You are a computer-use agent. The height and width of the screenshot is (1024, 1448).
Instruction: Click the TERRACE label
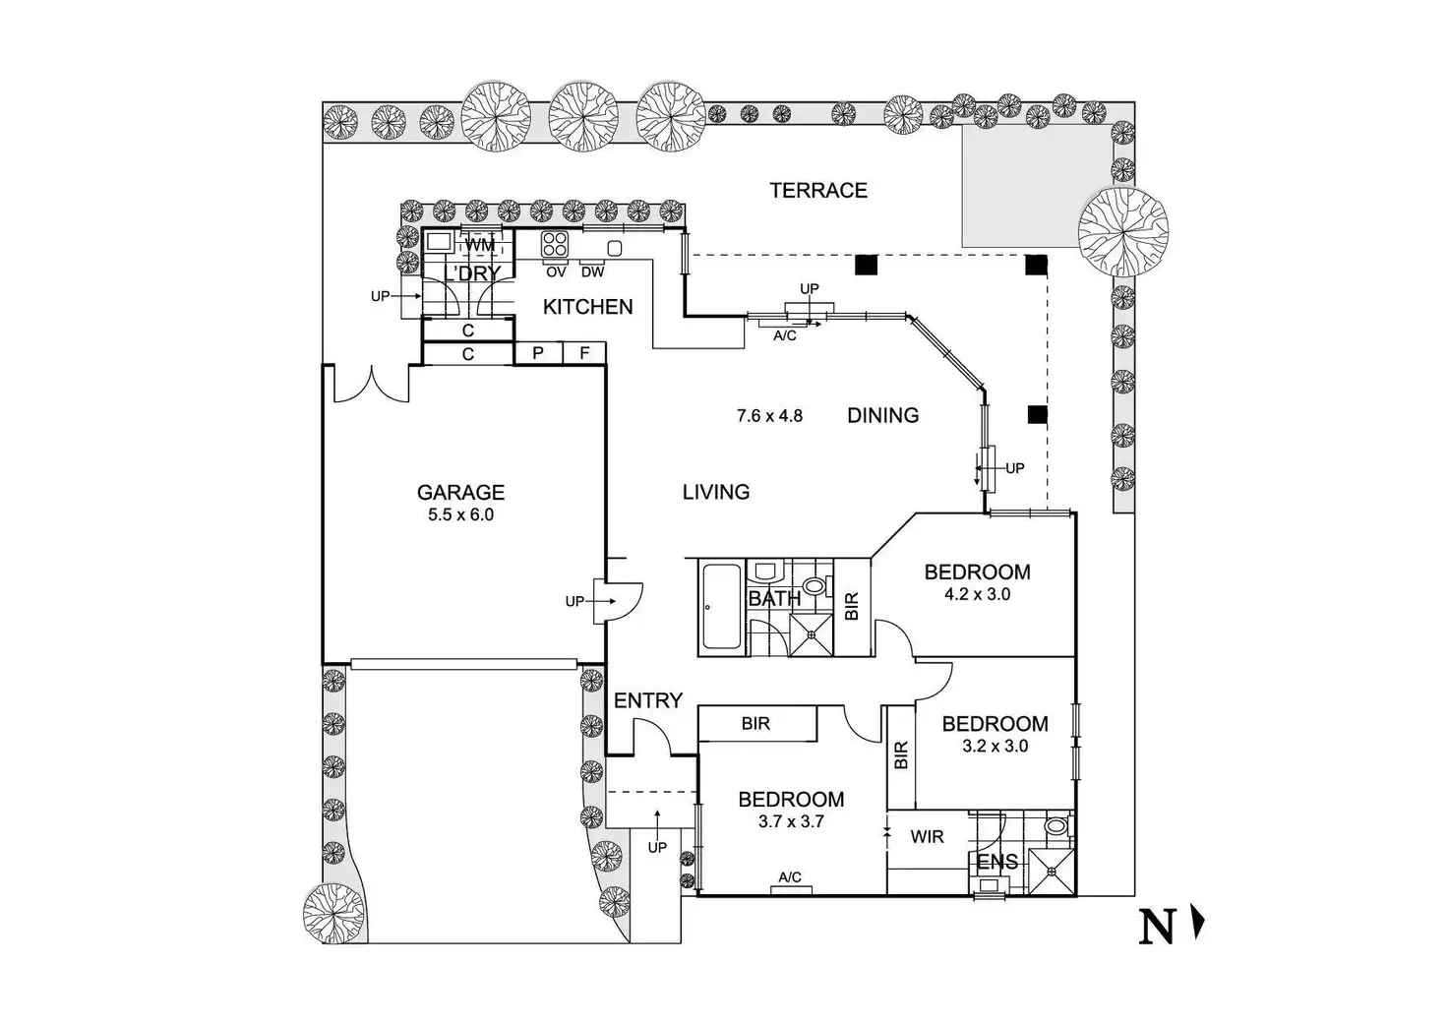coord(817,191)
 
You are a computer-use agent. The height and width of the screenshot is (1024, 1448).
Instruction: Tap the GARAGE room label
coord(460,493)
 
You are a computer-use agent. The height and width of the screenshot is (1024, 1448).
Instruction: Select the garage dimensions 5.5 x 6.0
coord(460,514)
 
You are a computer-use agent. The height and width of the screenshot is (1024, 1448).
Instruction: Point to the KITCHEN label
coord(587,307)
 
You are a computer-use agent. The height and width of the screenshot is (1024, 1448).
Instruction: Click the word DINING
coord(882,416)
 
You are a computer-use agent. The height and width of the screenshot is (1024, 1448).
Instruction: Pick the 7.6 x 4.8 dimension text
coord(769,416)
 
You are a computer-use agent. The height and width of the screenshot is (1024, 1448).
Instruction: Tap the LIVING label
coord(715,492)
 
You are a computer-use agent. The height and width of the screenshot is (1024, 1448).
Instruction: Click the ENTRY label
coord(647,700)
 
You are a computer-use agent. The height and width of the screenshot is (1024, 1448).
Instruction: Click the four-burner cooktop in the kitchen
coord(555,244)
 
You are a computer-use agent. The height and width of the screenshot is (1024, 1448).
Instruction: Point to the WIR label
coord(927,837)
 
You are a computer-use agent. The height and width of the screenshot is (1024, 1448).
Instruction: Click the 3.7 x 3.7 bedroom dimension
coord(791,821)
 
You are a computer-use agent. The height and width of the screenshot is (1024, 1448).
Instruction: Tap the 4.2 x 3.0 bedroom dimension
coord(977,594)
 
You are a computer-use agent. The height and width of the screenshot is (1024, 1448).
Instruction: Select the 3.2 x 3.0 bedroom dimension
coord(995,746)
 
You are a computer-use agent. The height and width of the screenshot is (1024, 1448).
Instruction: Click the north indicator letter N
coord(1157,928)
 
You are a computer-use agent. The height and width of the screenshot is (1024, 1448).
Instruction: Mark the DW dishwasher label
coord(592,271)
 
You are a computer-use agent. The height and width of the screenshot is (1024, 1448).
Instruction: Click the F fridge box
coord(584,352)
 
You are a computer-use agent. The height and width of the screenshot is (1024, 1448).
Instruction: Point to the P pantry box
coord(538,352)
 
